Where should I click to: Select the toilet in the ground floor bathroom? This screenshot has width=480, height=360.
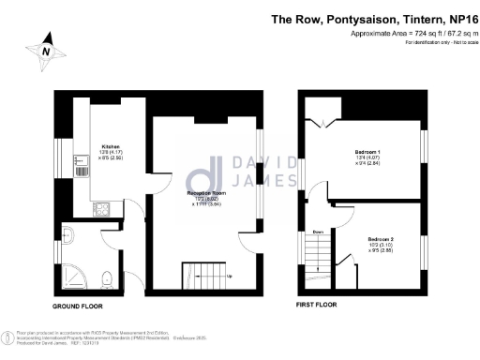point(108,277)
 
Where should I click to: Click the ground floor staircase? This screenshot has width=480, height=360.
point(199,275)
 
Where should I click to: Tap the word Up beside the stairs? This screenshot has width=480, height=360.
point(230,277)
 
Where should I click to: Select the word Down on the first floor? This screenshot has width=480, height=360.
point(318,232)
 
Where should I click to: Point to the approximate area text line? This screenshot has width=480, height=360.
point(410,34)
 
